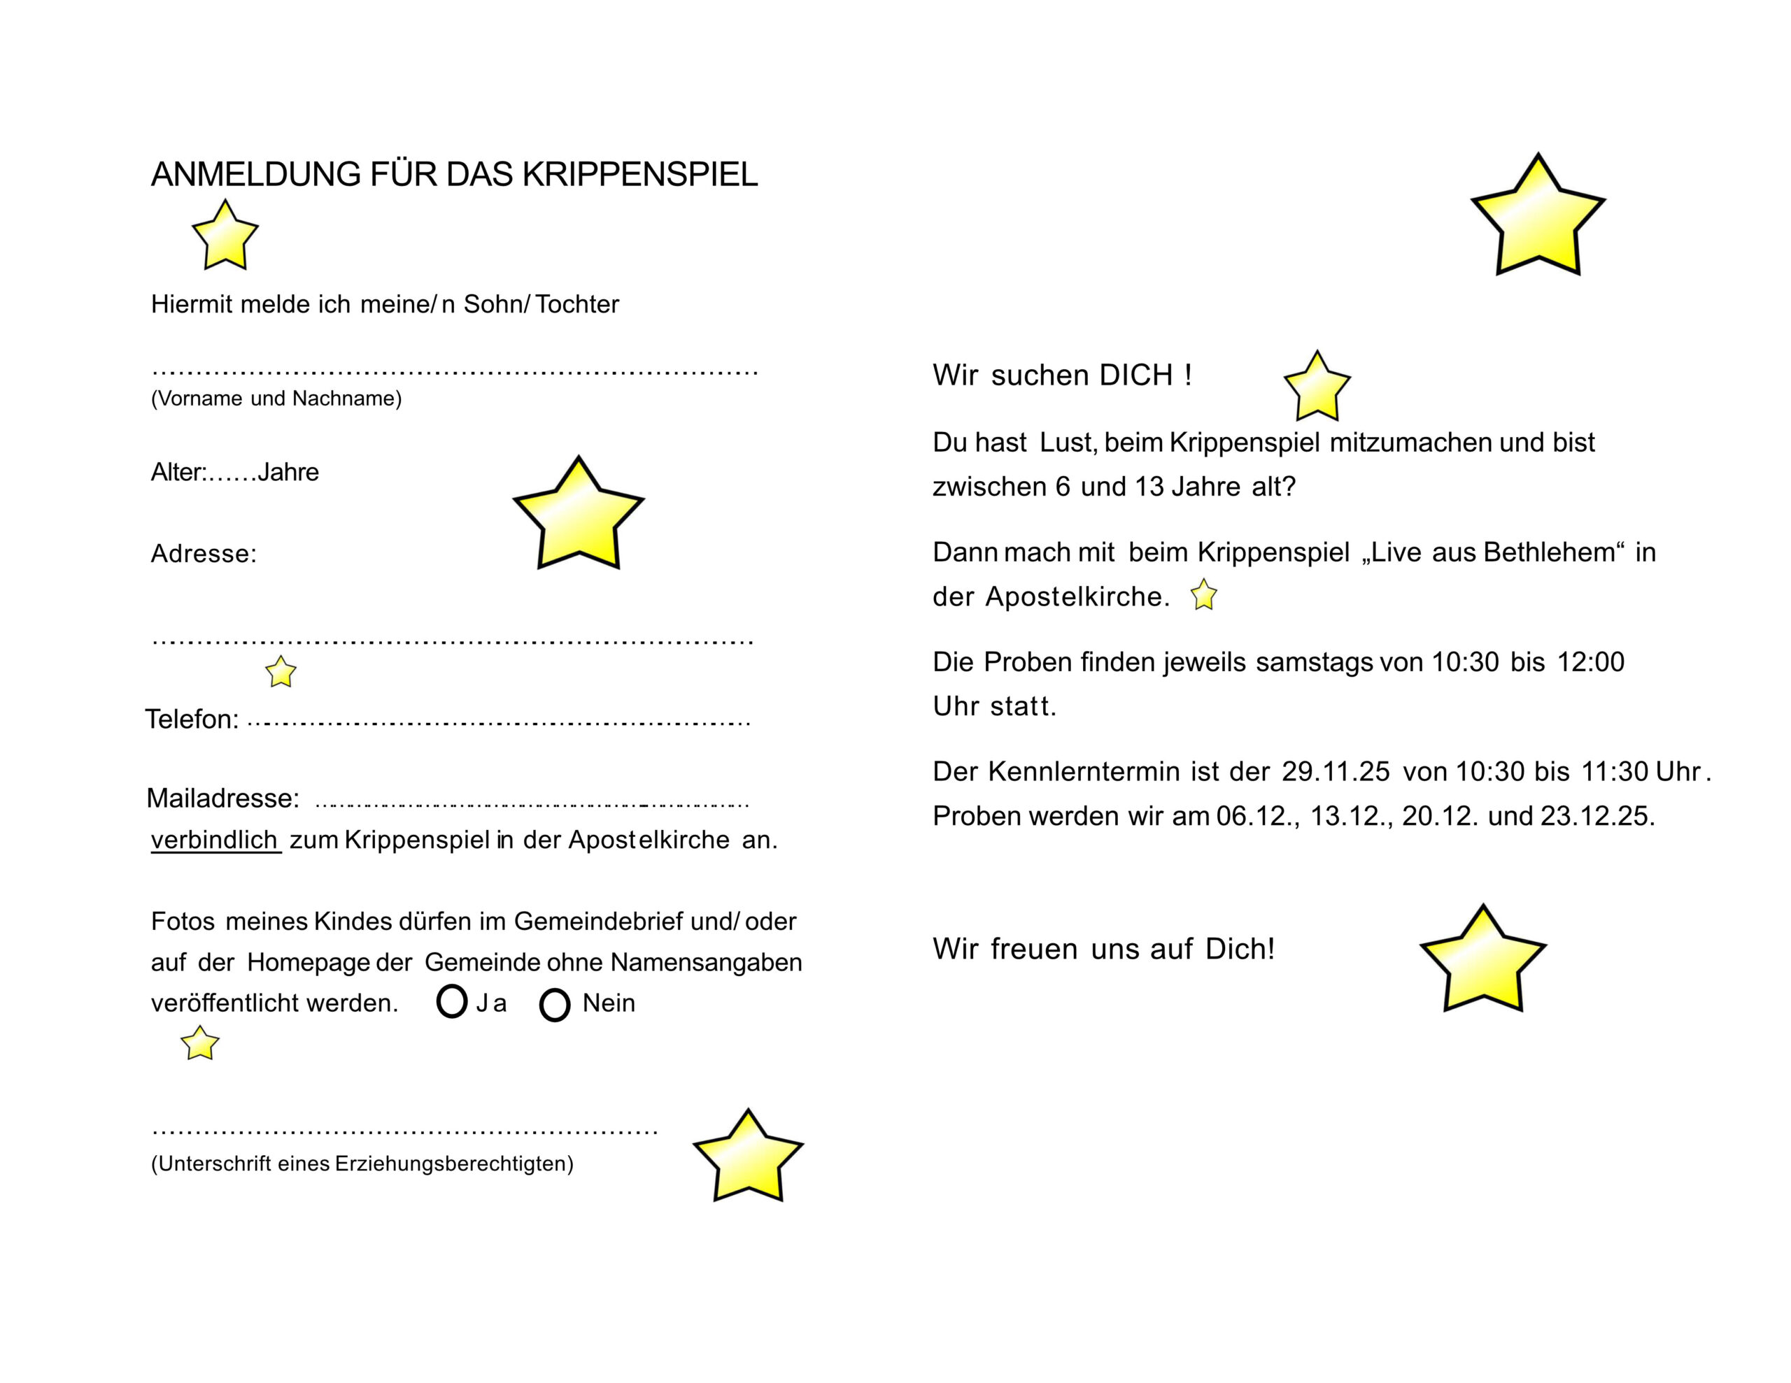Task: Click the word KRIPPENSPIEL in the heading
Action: click(x=639, y=175)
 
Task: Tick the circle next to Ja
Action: click(x=451, y=1001)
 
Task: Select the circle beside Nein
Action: click(x=554, y=1004)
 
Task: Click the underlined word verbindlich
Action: click(x=215, y=840)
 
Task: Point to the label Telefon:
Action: click(x=192, y=719)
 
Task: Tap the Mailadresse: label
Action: click(x=223, y=798)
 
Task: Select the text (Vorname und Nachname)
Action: click(x=276, y=399)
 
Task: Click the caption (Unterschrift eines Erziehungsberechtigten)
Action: click(x=362, y=1163)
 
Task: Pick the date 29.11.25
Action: click(x=1336, y=771)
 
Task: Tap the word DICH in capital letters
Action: click(x=1135, y=375)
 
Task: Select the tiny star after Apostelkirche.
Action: click(x=1204, y=595)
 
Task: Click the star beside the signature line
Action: click(x=748, y=1158)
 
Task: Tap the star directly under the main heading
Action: click(x=225, y=237)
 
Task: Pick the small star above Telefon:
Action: click(x=281, y=671)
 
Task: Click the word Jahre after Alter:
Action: click(x=288, y=472)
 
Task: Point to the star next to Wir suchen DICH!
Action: click(x=1317, y=387)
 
